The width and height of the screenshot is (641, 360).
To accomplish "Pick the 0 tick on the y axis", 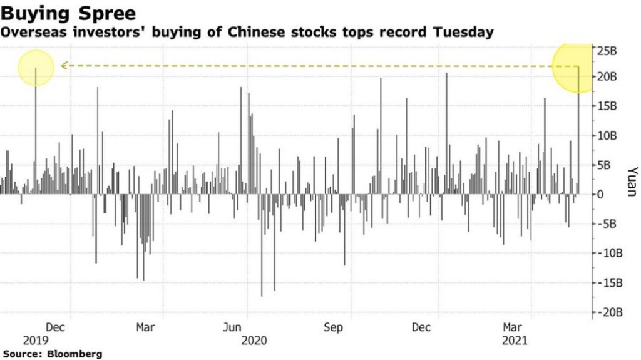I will coord(600,194).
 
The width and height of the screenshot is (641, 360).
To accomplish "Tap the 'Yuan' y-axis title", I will coord(632,182).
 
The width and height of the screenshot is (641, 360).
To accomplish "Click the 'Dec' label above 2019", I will coord(56,327).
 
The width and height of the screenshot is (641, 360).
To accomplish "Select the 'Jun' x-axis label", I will coord(232,327).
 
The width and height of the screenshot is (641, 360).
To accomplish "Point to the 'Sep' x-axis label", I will coord(333,327).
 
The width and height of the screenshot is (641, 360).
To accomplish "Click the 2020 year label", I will coord(254,341).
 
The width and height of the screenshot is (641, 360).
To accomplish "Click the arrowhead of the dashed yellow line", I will coord(64,65).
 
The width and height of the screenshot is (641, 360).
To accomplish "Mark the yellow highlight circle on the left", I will coord(36,68).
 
